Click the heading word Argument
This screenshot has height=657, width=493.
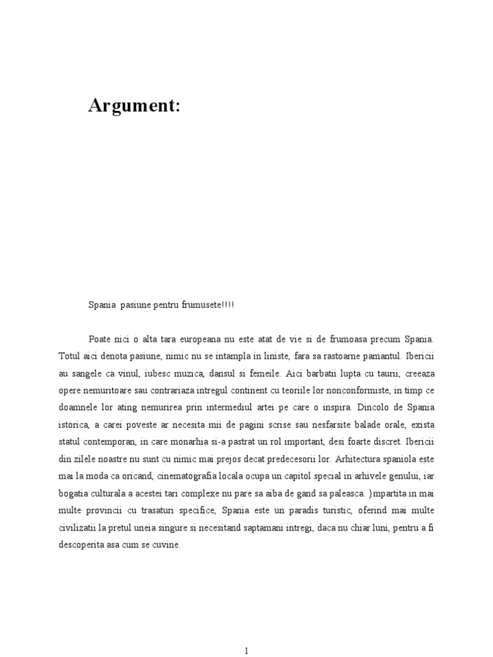click(x=134, y=107)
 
